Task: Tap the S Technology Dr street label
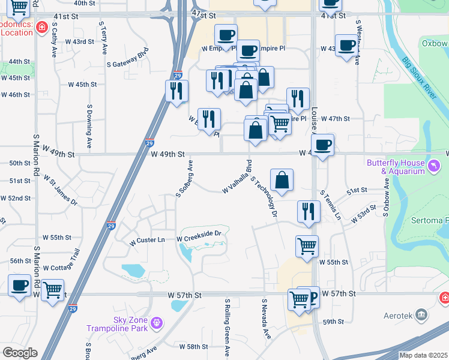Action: click(264, 197)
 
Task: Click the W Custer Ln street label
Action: click(148, 240)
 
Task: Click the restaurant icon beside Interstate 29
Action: click(176, 91)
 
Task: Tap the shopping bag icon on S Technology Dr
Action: click(282, 180)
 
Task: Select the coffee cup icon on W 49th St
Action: click(322, 145)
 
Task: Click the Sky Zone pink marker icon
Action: click(157, 323)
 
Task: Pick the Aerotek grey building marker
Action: click(422, 314)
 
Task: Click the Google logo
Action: click(19, 353)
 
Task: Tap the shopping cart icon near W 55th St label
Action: click(307, 245)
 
